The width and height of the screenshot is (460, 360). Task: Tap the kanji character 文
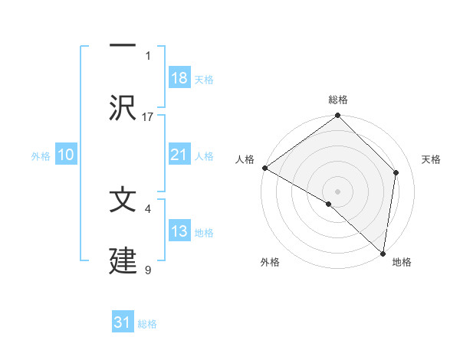click(x=123, y=200)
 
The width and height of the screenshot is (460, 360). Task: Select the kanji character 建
click(x=123, y=261)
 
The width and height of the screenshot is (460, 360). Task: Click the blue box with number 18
click(x=179, y=78)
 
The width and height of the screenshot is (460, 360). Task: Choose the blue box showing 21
click(x=179, y=155)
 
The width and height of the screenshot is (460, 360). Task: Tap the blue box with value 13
click(x=179, y=231)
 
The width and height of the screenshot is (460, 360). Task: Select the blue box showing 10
click(x=66, y=155)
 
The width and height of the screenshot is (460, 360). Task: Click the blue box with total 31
click(x=123, y=322)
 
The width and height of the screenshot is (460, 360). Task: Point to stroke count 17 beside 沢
click(x=148, y=116)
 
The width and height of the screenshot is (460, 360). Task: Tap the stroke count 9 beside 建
click(x=148, y=270)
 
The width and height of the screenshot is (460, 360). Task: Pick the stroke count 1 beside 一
click(x=148, y=55)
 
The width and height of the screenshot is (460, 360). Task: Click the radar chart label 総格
click(x=338, y=100)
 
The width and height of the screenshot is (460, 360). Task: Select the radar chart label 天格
click(x=431, y=159)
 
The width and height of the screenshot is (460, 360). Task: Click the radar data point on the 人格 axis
click(x=264, y=168)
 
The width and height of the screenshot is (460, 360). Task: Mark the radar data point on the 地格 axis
click(x=383, y=253)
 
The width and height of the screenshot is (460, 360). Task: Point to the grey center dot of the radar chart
click(x=337, y=191)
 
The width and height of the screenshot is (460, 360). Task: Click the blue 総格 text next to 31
click(x=147, y=324)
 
